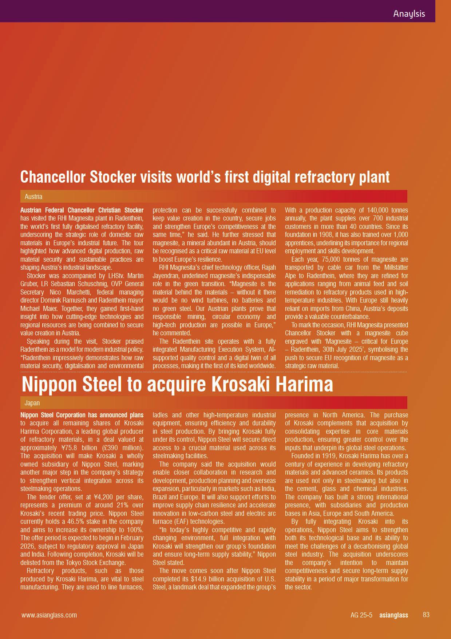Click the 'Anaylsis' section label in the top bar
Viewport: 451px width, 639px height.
coord(409,14)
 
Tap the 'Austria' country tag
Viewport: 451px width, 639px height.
coord(33,196)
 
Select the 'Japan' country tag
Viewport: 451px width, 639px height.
coord(32,403)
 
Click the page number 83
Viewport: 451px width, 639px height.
coord(426,615)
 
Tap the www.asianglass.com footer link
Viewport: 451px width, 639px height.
coord(49,615)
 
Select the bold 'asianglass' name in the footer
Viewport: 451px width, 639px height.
coord(393,615)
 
